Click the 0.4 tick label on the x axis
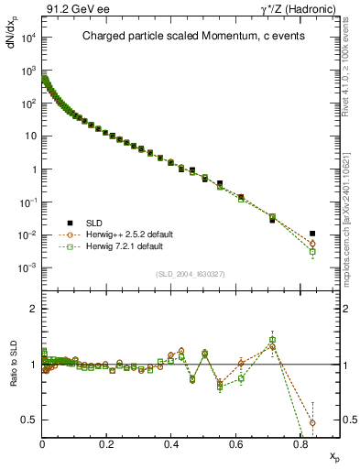[171, 443]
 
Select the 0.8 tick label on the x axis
[300, 443]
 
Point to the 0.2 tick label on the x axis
[107, 443]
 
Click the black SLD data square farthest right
[312, 234]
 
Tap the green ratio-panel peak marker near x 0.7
[272, 340]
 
